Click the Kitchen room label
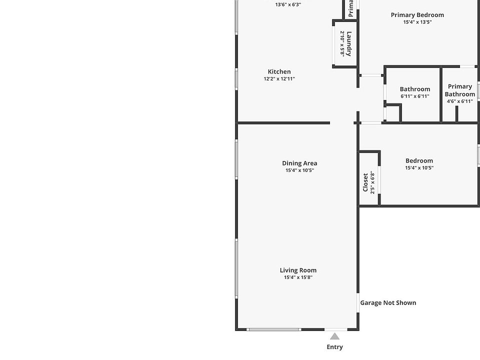(x=279, y=71)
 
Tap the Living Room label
(x=298, y=270)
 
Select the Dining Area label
(x=299, y=163)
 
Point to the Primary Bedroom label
(x=417, y=15)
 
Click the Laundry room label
(x=349, y=43)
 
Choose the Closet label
(x=365, y=182)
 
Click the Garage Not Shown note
(x=388, y=302)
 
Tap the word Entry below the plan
(x=334, y=347)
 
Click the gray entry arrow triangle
(x=334, y=336)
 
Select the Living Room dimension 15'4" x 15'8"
(x=298, y=277)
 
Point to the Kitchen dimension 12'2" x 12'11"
(x=279, y=79)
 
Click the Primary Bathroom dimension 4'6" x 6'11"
(x=459, y=101)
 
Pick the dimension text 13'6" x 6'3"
(x=288, y=4)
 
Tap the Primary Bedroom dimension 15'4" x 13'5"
(x=417, y=22)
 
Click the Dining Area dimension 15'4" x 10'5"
(x=299, y=170)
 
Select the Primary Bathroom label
(x=459, y=90)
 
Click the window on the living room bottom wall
(x=274, y=329)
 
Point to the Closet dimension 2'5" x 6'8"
(x=372, y=182)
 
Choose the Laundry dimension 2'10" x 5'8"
(x=342, y=43)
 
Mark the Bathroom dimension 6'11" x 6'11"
(x=414, y=96)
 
